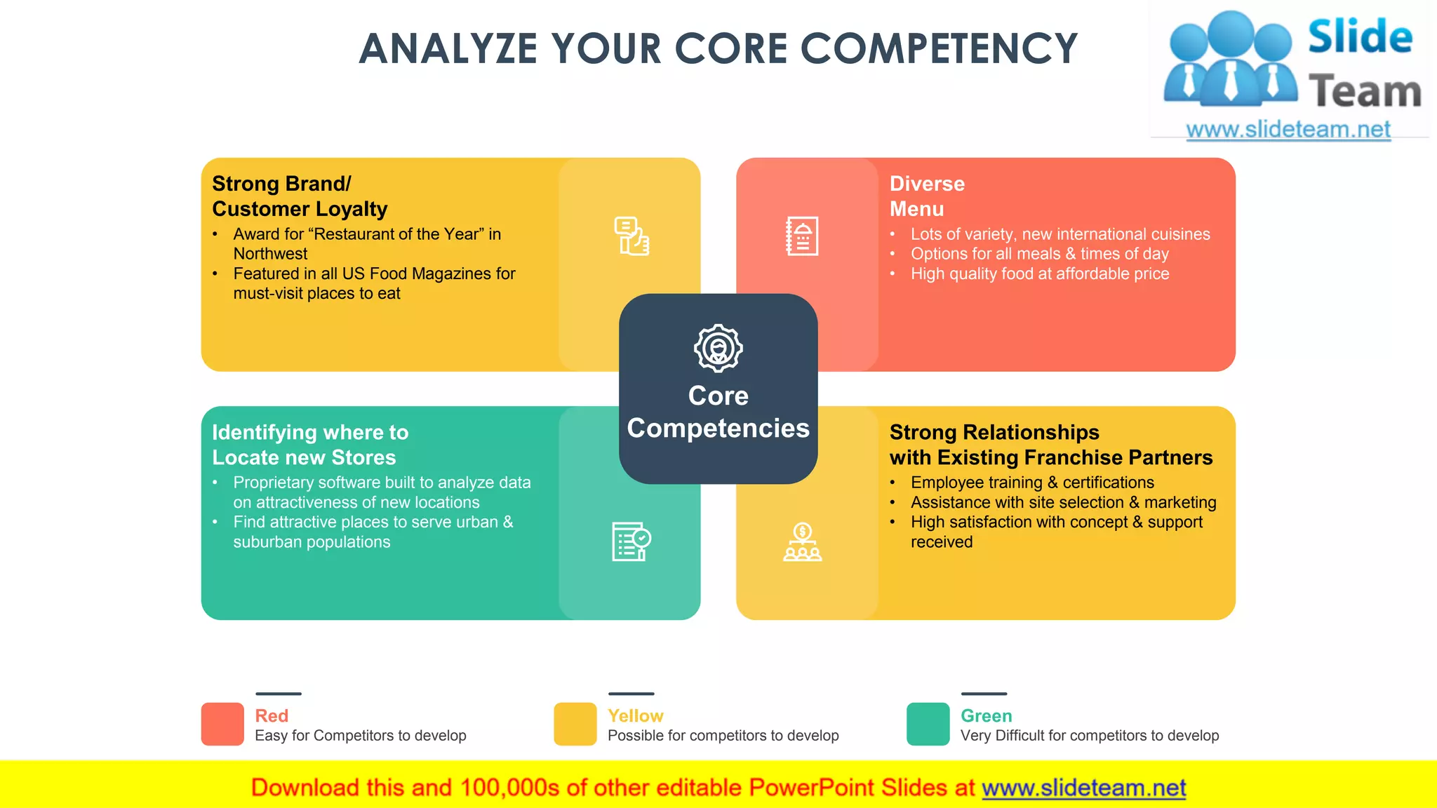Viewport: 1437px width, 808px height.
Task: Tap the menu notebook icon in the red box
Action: pos(802,236)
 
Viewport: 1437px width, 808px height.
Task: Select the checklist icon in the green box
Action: pos(631,541)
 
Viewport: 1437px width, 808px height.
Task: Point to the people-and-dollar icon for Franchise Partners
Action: pos(802,542)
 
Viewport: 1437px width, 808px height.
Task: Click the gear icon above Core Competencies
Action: pos(718,348)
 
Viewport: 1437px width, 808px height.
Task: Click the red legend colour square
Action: pos(222,724)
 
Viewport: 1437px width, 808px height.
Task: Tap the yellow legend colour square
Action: pos(575,724)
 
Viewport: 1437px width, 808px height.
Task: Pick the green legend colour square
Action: pos(928,724)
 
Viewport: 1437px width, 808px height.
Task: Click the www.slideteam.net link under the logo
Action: pos(1288,130)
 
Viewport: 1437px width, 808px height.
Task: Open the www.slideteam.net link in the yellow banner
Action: pos(1083,788)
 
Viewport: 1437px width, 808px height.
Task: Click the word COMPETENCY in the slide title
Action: pos(938,49)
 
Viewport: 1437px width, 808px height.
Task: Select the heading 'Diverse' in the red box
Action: pos(927,184)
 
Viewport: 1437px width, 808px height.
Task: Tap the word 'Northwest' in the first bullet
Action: pos(270,254)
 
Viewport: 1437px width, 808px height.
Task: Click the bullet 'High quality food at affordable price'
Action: pos(1040,274)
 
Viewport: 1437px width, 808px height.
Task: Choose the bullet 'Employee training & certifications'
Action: pos(1032,483)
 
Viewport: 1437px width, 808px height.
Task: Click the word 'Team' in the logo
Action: pos(1365,92)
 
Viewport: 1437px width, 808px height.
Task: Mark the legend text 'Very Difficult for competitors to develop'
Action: pos(1090,735)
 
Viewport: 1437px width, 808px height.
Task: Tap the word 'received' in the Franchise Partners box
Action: pos(942,542)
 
